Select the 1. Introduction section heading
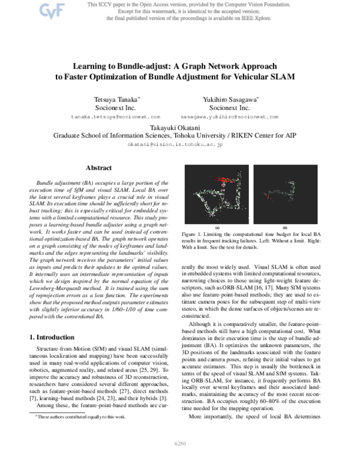click(56, 337)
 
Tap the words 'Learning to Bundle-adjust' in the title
click(118, 67)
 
